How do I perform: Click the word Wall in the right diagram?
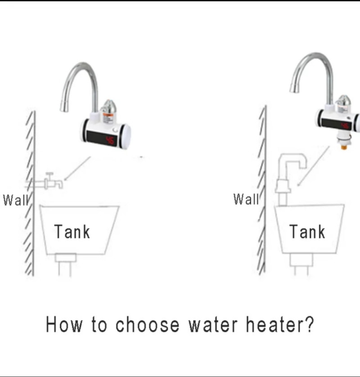246,199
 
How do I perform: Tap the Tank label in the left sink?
72,232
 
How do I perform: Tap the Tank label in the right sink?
307,232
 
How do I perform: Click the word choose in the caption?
148,325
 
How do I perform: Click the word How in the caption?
64,325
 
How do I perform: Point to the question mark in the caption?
309,324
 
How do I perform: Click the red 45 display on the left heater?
110,140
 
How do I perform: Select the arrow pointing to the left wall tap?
77,168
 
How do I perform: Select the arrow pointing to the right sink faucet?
313,166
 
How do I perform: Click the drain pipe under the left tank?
65,265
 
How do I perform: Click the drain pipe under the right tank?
301,265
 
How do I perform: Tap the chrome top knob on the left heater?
108,106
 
